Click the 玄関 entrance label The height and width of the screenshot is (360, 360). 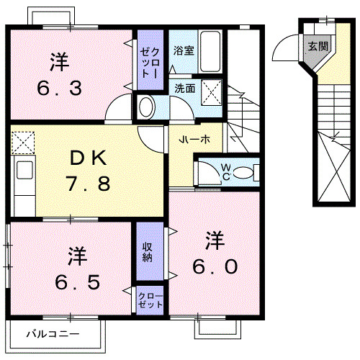317,46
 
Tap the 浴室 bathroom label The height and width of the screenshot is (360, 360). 184,50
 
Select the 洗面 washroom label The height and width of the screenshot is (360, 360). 184,88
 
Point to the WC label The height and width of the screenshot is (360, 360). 225,172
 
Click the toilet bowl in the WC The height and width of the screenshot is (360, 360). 244,172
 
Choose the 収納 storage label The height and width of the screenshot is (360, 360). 147,253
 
